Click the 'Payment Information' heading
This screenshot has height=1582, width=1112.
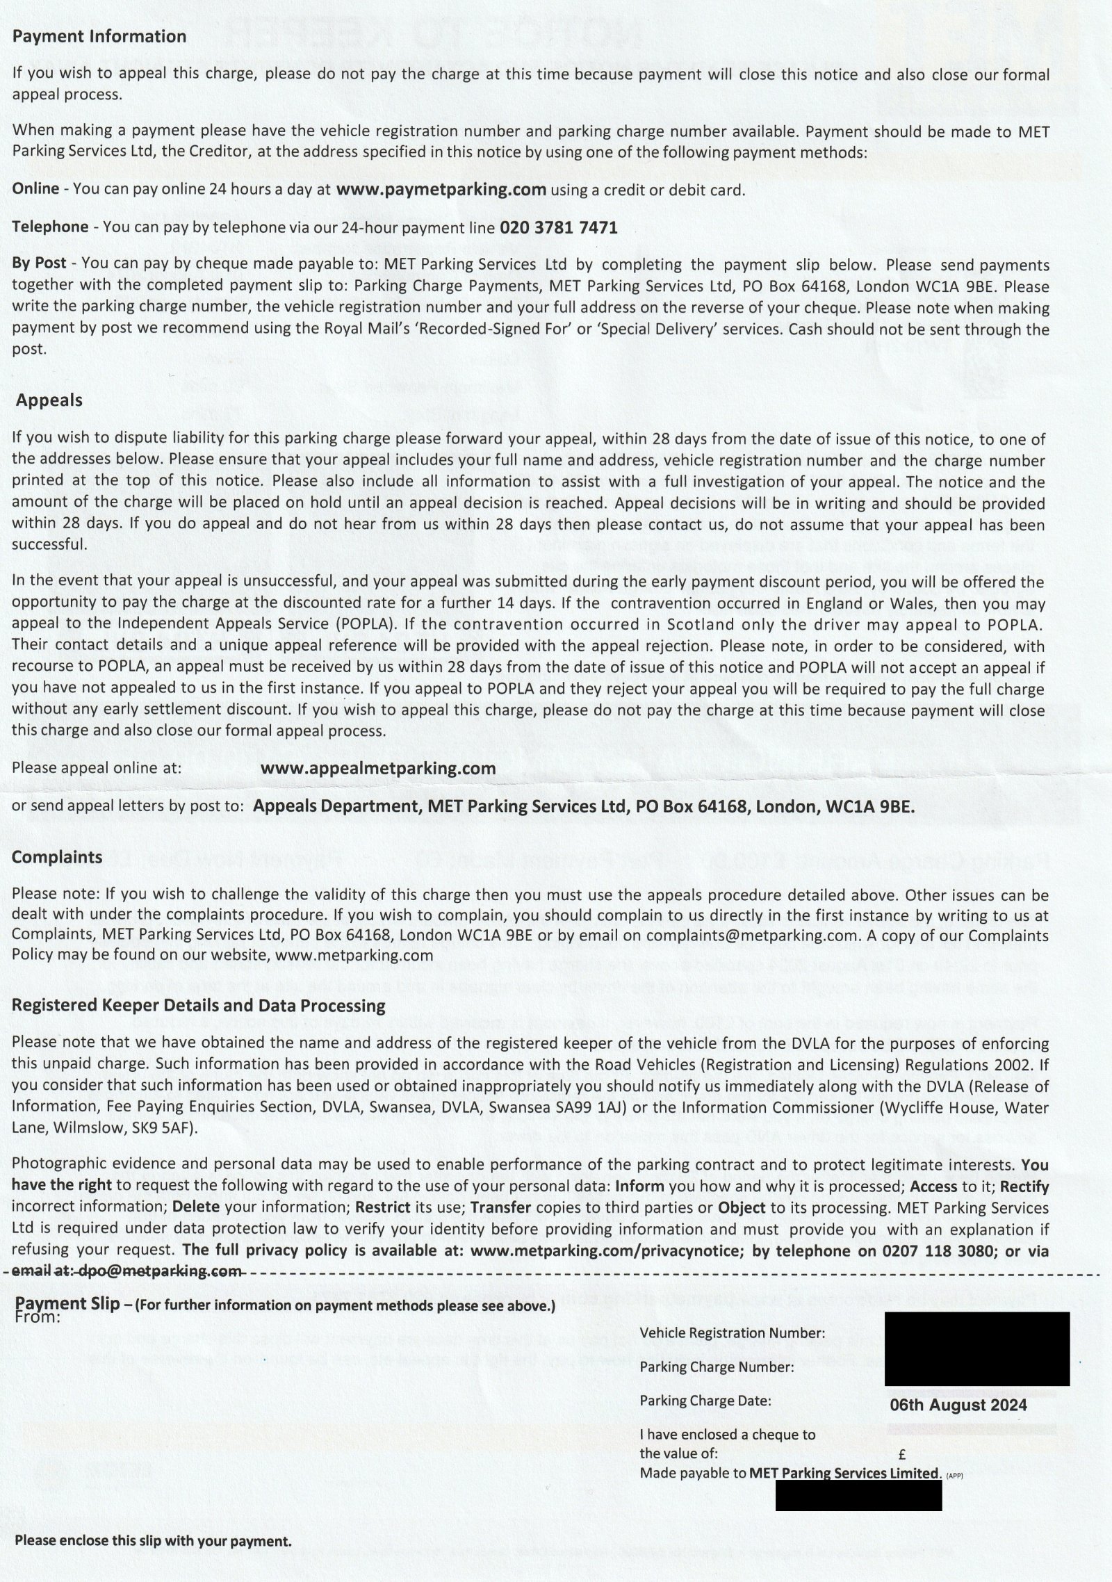99,36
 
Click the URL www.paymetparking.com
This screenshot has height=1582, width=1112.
440,190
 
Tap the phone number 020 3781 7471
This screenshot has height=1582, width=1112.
558,227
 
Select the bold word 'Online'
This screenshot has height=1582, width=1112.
36,189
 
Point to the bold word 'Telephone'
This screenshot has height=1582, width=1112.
51,227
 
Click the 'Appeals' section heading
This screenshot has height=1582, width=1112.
49,400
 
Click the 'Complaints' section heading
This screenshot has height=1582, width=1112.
57,857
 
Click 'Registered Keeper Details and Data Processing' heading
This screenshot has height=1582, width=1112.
198,1006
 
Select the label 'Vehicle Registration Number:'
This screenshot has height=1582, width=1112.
732,1333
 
